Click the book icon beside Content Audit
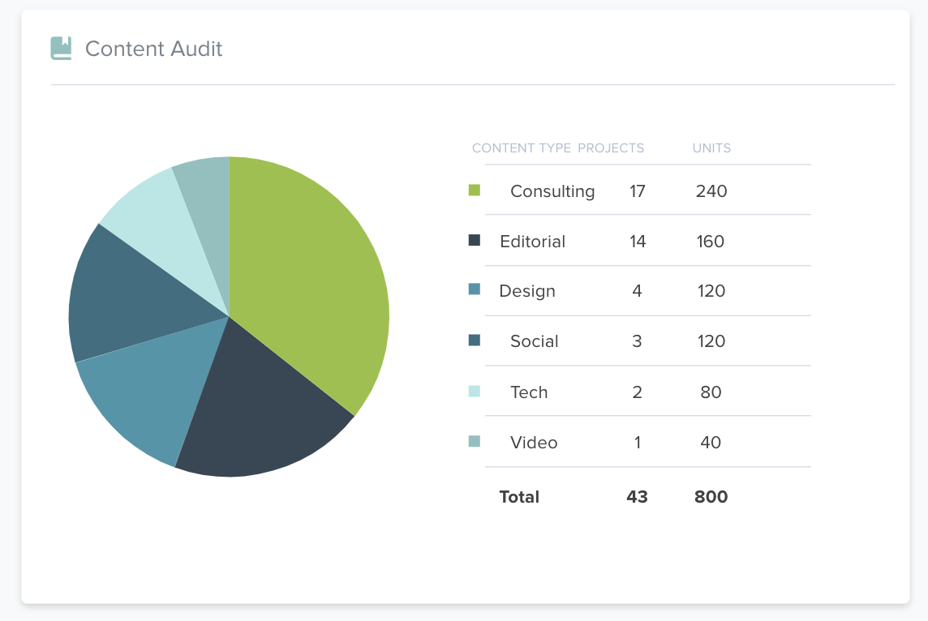61,49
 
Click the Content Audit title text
153,49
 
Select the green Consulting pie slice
312,276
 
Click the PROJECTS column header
611,148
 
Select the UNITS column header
711,148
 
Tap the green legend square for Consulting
475,191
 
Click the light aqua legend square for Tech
475,392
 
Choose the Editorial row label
532,242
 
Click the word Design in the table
527,291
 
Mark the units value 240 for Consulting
711,191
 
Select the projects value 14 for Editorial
638,242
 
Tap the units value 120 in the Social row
711,341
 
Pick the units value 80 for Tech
711,392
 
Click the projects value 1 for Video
638,443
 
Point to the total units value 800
711,497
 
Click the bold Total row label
519,497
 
